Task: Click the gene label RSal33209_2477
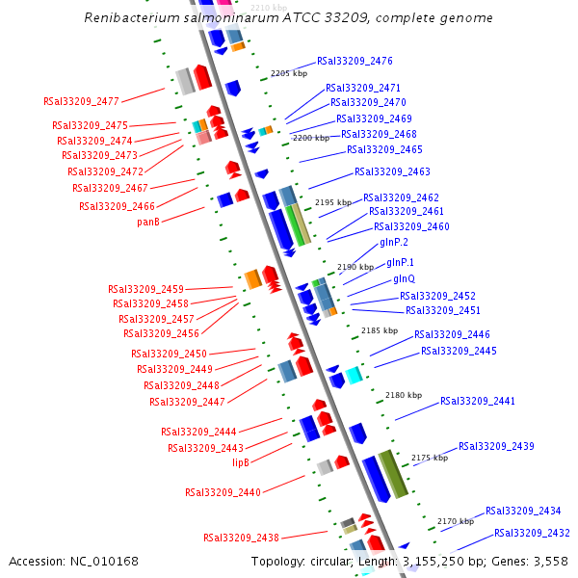point(81,101)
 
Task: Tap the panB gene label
point(148,222)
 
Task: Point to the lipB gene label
point(241,462)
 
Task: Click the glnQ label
point(404,279)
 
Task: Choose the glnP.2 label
point(394,243)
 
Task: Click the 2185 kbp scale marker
point(379,330)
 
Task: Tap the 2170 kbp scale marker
point(456,521)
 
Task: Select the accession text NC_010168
point(107,562)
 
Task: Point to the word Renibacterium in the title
point(130,18)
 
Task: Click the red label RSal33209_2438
point(241,538)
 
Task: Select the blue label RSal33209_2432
point(532,533)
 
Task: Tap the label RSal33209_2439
point(496,447)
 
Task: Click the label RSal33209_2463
point(392,172)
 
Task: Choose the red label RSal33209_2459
point(145,289)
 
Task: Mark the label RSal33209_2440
point(223,492)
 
